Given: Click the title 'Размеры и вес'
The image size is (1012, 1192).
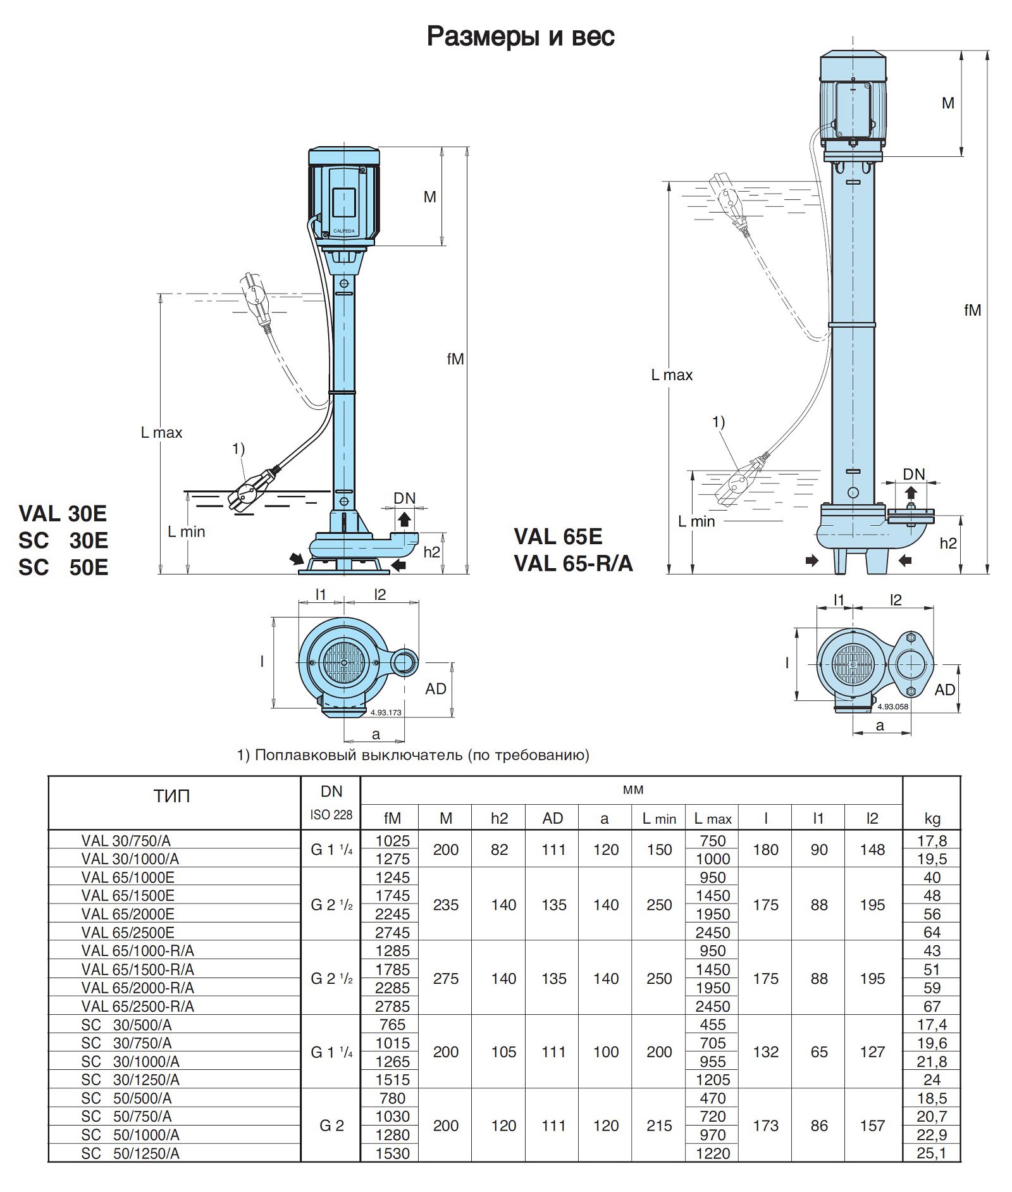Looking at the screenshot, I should pos(520,37).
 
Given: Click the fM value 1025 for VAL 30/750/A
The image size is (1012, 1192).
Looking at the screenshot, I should pos(392,841).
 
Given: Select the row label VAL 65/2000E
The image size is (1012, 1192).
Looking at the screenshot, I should pos(128,914).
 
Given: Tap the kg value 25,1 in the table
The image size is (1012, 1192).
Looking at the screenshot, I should pos(932,1153).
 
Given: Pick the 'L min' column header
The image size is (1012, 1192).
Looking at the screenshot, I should pos(658,819).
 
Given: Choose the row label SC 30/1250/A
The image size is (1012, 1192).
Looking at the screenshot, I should pos(130,1079).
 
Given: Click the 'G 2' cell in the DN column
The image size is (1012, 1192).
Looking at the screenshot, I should pos(331,1126).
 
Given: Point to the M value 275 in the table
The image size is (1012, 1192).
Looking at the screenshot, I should pos(445,978).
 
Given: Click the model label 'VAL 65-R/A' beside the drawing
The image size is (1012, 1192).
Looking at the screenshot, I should pos(573,563).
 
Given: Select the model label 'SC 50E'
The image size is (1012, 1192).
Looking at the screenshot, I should pos(63,568).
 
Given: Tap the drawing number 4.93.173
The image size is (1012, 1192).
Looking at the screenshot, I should pos(386,712).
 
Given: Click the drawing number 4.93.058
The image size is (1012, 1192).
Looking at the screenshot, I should pos(892,707).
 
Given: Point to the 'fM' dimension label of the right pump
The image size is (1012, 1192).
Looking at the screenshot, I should pos(972,310).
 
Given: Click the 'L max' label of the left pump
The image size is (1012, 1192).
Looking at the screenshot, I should pos(161,433).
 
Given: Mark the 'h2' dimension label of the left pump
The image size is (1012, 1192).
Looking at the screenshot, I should pos(432,552).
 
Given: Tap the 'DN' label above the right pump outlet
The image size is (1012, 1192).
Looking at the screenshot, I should pos(913,474).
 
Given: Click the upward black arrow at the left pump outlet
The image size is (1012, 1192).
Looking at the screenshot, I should pos(404,520).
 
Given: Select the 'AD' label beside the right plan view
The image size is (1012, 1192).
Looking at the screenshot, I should pos(944,690).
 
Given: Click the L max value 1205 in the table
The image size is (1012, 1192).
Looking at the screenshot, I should pos(712,1079).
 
